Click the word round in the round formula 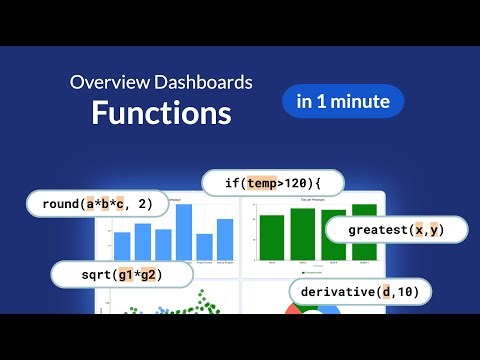point(61,205)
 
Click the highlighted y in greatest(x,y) point(436,230)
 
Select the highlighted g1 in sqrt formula point(122,273)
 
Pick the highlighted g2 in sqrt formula point(148,273)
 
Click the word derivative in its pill point(339,291)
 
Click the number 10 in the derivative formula point(404,291)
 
